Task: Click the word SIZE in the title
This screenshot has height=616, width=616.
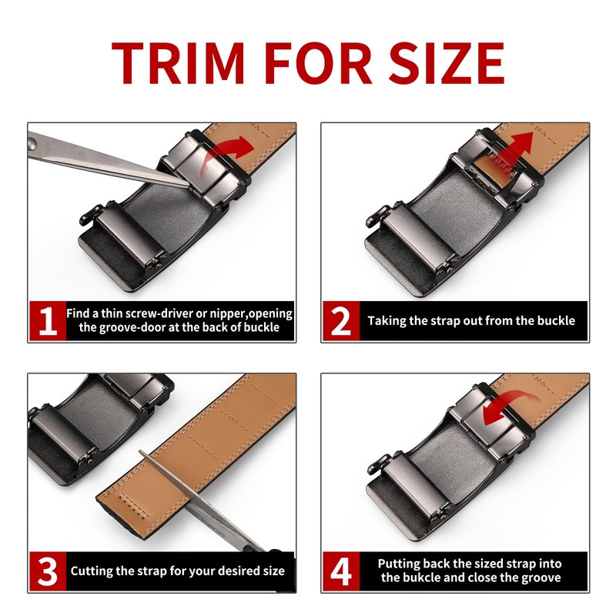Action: pyautogui.click(x=447, y=63)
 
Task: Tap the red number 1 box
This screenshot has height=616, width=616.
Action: pyautogui.click(x=48, y=321)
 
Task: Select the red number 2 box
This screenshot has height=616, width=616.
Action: pyautogui.click(x=341, y=321)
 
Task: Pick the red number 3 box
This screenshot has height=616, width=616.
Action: pyautogui.click(x=48, y=571)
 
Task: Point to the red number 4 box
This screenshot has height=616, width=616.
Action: pyautogui.click(x=341, y=571)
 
